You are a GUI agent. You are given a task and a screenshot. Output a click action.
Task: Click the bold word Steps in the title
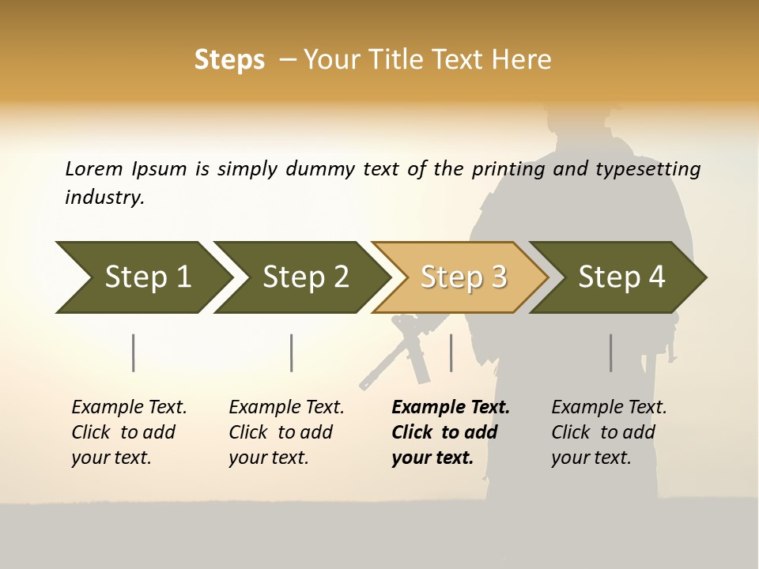(229, 60)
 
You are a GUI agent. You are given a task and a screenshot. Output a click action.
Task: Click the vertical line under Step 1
(134, 352)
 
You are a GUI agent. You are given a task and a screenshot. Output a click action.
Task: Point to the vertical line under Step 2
(292, 352)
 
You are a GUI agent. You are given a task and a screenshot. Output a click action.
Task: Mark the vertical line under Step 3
(451, 352)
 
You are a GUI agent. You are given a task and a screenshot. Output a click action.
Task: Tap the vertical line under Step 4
(610, 352)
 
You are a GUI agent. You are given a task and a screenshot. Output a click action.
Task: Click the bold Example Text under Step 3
(450, 432)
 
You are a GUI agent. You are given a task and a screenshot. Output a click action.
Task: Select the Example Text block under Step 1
(129, 432)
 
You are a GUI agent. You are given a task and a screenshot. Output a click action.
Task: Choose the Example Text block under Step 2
(286, 432)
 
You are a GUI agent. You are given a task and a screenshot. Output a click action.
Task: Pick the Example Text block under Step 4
(609, 432)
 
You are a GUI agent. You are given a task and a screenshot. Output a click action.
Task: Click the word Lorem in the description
(93, 168)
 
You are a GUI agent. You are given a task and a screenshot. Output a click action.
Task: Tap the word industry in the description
(104, 197)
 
